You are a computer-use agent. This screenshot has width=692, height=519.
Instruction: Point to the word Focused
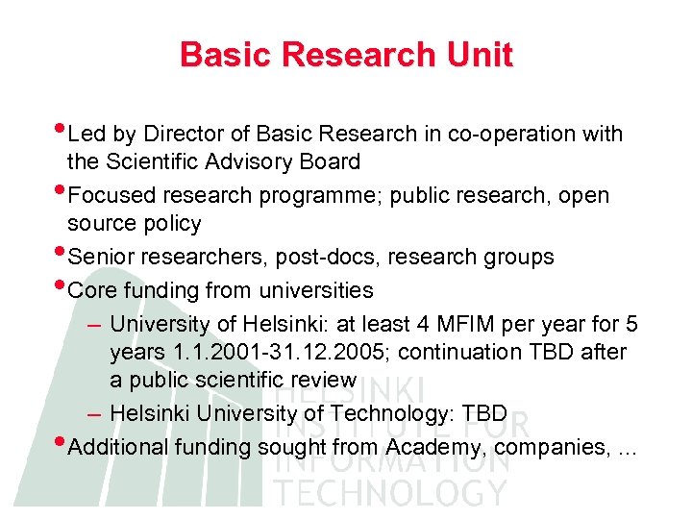[x=112, y=196]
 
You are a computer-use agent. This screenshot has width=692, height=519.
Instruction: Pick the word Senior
[x=104, y=258]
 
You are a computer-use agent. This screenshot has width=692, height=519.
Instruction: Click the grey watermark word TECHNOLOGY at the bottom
[x=390, y=492]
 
